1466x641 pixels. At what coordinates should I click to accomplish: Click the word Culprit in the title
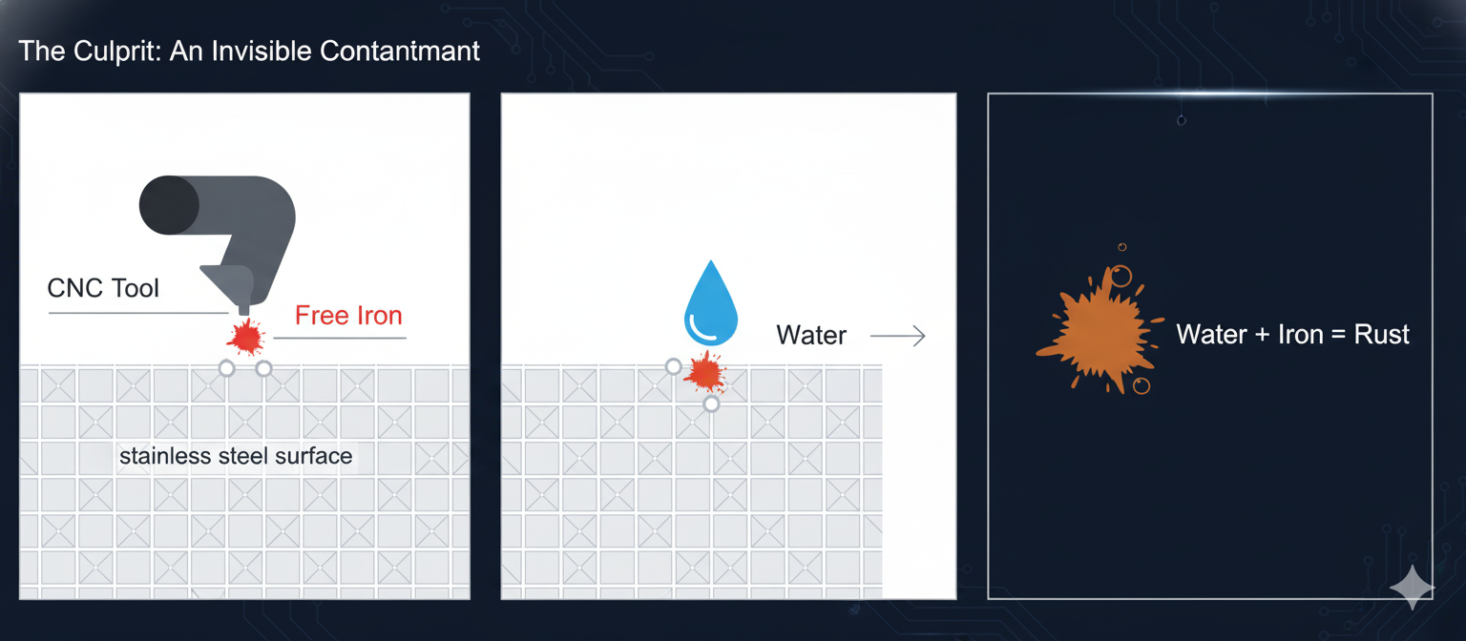click(x=118, y=51)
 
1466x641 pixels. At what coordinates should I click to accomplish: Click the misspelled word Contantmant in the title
click(x=400, y=51)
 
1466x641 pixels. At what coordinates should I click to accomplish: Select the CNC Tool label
click(x=103, y=288)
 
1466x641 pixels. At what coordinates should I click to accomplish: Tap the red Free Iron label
click(x=348, y=316)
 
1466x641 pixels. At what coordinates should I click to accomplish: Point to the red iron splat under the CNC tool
click(x=246, y=337)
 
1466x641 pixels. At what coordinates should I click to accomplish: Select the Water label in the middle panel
click(x=810, y=336)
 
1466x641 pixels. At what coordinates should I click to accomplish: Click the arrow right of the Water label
click(x=898, y=336)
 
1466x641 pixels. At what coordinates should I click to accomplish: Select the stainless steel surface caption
click(x=236, y=456)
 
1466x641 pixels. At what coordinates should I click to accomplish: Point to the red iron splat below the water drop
click(x=704, y=372)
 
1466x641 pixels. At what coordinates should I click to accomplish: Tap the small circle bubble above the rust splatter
click(x=1120, y=277)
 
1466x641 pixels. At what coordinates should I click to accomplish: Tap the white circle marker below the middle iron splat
click(x=711, y=404)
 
